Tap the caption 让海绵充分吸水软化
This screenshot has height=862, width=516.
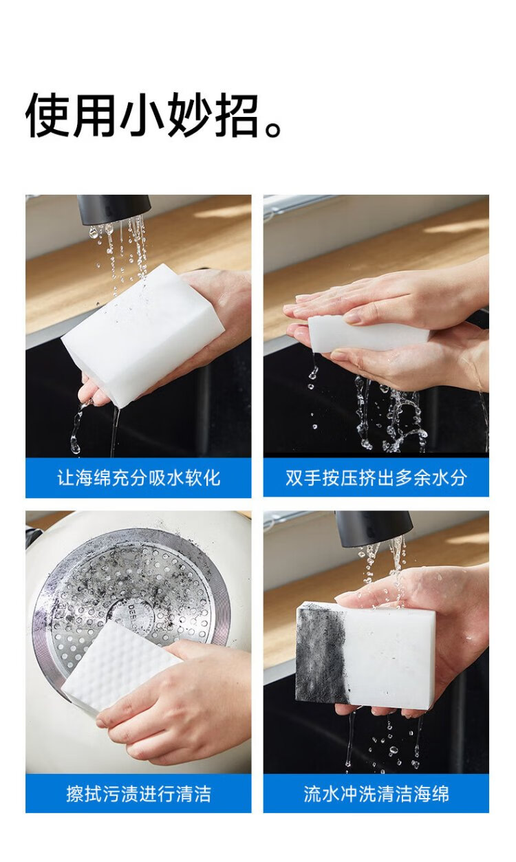pos(138,478)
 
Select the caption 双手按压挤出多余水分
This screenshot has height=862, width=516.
pos(376,478)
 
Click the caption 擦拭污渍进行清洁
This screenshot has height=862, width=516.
pos(138,793)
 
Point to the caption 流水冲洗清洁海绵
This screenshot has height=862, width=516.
pos(376,793)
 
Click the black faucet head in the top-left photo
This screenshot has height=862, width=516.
pos(114,209)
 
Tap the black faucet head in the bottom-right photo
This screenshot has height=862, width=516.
pos(374,528)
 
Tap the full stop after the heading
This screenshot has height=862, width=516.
pos(274,129)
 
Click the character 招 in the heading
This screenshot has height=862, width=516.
pos(236,115)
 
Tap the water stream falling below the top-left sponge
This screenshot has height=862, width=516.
pos(114,431)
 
